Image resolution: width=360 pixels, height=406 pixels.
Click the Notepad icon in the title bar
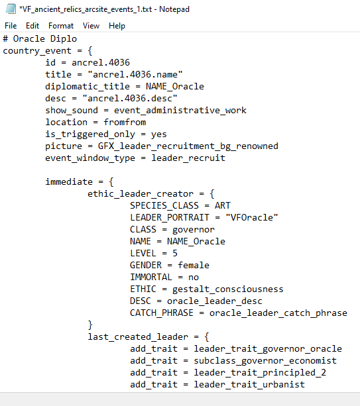pyautogui.click(x=11, y=9)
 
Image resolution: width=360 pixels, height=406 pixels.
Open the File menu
pyautogui.click(x=11, y=26)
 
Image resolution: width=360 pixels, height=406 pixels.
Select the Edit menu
pyautogui.click(x=32, y=26)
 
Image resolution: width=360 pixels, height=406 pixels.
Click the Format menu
pyautogui.click(x=61, y=26)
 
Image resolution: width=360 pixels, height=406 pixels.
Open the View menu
pyautogui.click(x=91, y=26)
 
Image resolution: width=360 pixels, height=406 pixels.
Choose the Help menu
pyautogui.click(x=117, y=26)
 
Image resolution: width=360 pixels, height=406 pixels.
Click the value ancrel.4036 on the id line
pyautogui.click(x=101, y=62)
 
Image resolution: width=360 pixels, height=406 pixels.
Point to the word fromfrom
pyautogui.click(x=125, y=122)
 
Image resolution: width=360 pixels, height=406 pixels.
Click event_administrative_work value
pyautogui.click(x=180, y=111)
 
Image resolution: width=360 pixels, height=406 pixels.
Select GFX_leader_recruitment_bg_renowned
pyautogui.click(x=188, y=146)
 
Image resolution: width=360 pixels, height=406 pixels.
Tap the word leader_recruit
pyautogui.click(x=188, y=158)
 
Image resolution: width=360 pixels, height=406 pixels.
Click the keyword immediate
pyautogui.click(x=69, y=181)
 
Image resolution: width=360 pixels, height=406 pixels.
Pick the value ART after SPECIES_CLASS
pyautogui.click(x=222, y=205)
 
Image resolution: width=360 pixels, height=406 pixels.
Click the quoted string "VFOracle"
pyautogui.click(x=252, y=217)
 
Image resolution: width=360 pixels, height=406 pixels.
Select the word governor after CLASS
pyautogui.click(x=194, y=230)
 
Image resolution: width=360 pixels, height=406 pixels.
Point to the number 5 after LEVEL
pyautogui.click(x=175, y=253)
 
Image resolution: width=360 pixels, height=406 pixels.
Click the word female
pyautogui.click(x=194, y=265)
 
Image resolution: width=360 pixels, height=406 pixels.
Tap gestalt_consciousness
pyautogui.click(x=228, y=289)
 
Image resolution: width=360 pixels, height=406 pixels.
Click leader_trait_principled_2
pyautogui.click(x=260, y=373)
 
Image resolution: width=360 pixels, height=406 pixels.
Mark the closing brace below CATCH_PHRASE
pyautogui.click(x=90, y=325)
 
